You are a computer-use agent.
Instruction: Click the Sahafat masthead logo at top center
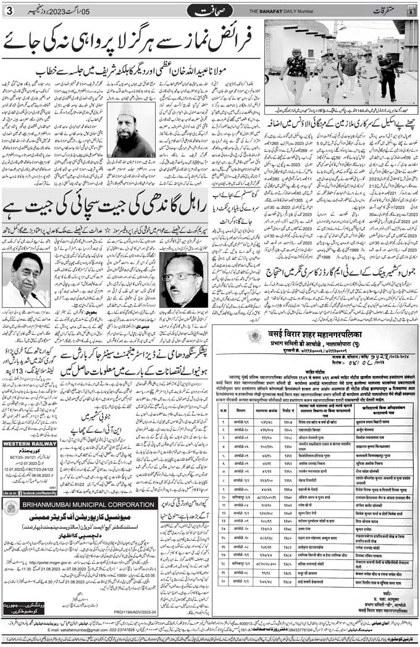pos(210,10)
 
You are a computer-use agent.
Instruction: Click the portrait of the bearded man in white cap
pos(132,130)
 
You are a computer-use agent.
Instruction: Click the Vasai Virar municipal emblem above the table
pos(254,336)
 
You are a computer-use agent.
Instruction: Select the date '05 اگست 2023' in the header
pos(121,11)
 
